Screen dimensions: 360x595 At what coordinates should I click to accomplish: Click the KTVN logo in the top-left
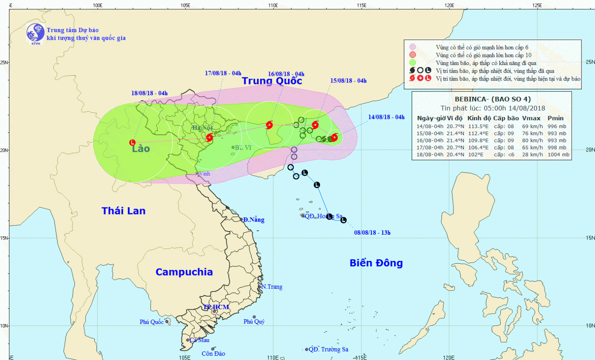click(x=35, y=33)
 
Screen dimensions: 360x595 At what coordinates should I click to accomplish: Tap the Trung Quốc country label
click(x=272, y=81)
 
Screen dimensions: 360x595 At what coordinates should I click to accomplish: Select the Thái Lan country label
click(x=123, y=211)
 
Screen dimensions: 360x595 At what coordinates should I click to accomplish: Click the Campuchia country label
click(x=184, y=272)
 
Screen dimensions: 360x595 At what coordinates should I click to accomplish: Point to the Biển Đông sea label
click(x=376, y=263)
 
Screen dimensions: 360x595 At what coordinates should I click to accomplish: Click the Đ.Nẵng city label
click(x=253, y=220)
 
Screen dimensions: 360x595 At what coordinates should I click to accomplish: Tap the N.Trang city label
click(x=272, y=287)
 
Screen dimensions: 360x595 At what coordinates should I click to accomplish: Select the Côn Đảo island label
click(x=213, y=354)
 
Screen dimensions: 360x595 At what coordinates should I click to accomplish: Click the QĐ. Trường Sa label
click(x=328, y=349)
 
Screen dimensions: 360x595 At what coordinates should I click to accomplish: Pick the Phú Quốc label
click(x=152, y=322)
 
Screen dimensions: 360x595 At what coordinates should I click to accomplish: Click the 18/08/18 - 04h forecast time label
click(x=150, y=93)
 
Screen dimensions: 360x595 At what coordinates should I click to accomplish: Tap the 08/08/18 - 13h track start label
click(x=372, y=233)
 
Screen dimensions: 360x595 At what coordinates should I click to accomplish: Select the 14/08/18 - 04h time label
click(x=386, y=117)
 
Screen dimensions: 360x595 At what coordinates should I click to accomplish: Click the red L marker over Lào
click(x=132, y=143)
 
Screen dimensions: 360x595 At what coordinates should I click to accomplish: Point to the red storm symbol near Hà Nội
click(x=209, y=138)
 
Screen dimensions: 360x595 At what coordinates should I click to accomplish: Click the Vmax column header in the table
click(x=531, y=118)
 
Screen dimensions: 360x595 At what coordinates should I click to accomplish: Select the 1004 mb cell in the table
click(x=558, y=155)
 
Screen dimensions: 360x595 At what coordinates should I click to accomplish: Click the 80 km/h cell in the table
click(x=532, y=140)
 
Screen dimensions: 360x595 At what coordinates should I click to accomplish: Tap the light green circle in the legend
click(x=413, y=63)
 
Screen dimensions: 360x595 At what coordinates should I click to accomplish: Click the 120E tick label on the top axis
click(x=449, y=5)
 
